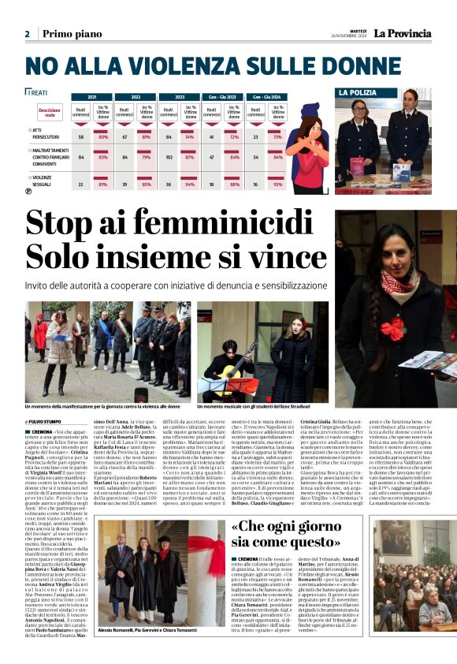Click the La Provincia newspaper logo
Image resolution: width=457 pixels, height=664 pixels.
pos(402,33)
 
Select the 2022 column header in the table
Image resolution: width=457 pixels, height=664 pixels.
pos(124,96)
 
